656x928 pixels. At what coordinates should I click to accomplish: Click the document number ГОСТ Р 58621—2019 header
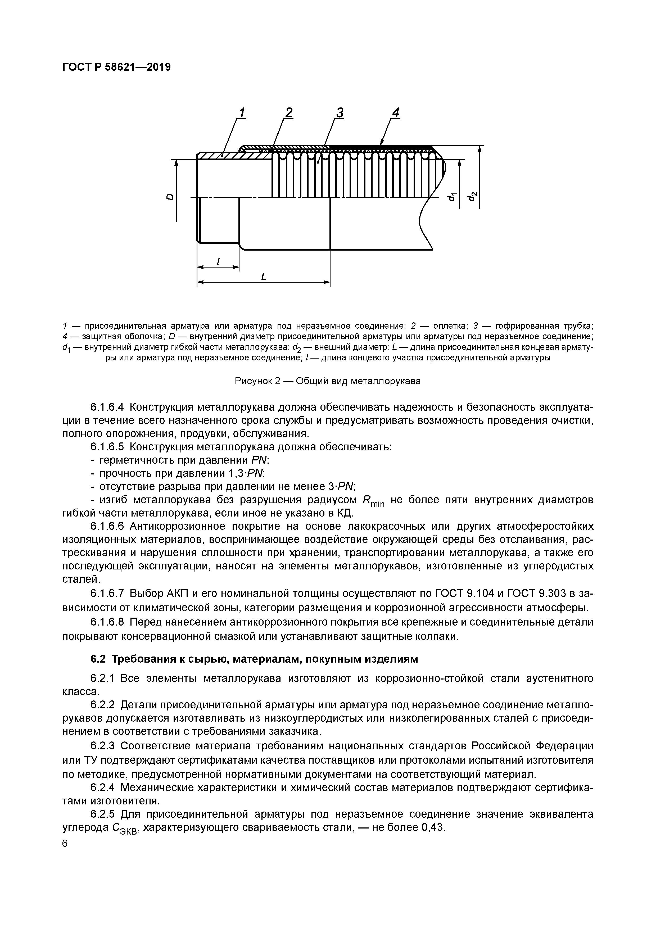(x=116, y=67)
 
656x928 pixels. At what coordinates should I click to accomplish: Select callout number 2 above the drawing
(x=289, y=113)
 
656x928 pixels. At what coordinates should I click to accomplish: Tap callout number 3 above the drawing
(x=340, y=113)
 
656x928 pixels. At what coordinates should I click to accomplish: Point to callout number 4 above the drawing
(x=396, y=113)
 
